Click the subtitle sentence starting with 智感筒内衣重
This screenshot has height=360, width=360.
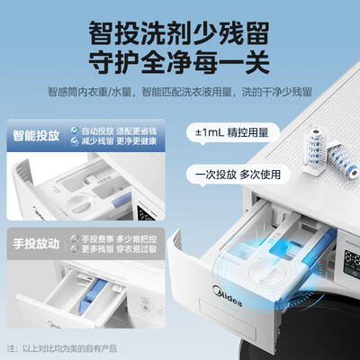pyautogui.click(x=180, y=90)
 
